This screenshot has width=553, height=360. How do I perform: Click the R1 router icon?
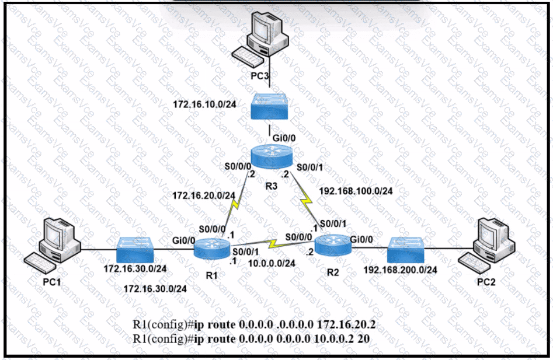click(213, 248)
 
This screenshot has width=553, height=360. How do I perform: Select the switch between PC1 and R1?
click(135, 250)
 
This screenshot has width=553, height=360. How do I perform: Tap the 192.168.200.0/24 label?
click(401, 270)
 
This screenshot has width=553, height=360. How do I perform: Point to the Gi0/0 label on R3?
click(284, 138)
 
